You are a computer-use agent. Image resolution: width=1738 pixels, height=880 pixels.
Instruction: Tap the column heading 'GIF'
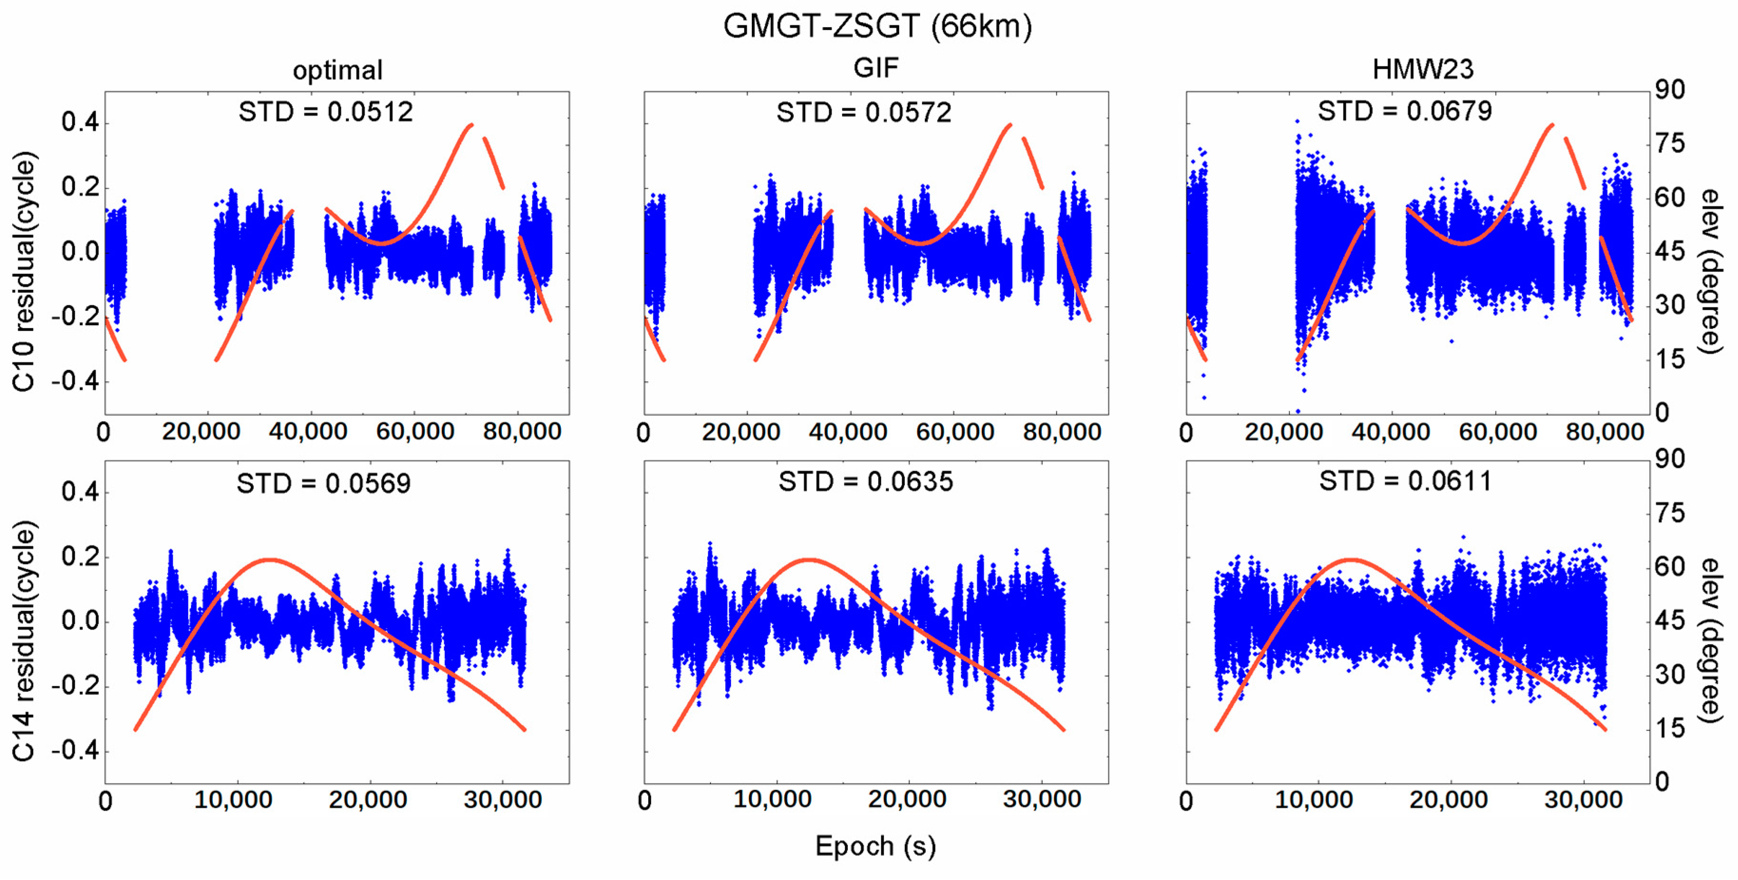point(876,68)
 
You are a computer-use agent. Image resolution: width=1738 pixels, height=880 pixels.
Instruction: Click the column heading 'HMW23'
point(1423,69)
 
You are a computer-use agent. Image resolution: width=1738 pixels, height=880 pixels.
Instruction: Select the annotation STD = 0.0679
point(1405,111)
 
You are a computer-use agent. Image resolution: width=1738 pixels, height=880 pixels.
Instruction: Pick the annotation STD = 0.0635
point(865,482)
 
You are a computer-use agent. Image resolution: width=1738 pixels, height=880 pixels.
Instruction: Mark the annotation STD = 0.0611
point(1405,481)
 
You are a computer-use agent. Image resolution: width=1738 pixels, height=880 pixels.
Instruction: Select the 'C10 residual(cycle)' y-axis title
point(24,271)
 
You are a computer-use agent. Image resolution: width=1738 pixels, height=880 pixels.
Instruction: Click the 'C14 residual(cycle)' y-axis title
point(24,641)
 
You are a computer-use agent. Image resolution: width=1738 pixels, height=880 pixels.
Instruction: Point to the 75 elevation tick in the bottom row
point(1670,513)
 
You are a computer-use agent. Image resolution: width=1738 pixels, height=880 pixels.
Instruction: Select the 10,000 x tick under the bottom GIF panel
point(772,800)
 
